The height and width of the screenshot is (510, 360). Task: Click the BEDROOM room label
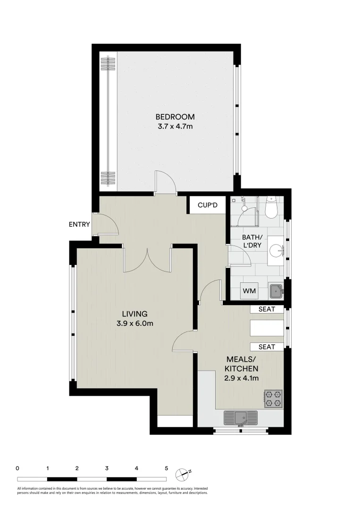point(175,117)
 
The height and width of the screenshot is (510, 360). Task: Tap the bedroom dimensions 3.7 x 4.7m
point(175,127)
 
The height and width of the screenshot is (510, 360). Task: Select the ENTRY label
point(79,224)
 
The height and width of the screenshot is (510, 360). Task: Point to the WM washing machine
point(249,291)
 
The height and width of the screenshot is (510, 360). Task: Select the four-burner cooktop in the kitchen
point(273,398)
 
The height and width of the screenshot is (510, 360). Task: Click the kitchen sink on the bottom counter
point(241,417)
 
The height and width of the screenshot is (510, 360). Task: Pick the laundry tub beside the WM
point(276,291)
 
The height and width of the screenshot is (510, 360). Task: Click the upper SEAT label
point(267,309)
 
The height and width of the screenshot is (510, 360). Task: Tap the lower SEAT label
point(267,347)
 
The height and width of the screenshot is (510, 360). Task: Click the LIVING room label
point(135,314)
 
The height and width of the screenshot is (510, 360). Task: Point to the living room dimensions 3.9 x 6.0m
point(135,323)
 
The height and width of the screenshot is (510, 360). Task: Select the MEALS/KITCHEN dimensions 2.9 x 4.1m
point(241,378)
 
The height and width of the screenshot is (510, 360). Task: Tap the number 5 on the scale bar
point(166,468)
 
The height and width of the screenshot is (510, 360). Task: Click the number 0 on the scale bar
point(17,468)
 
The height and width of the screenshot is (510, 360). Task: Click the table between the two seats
point(267,328)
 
